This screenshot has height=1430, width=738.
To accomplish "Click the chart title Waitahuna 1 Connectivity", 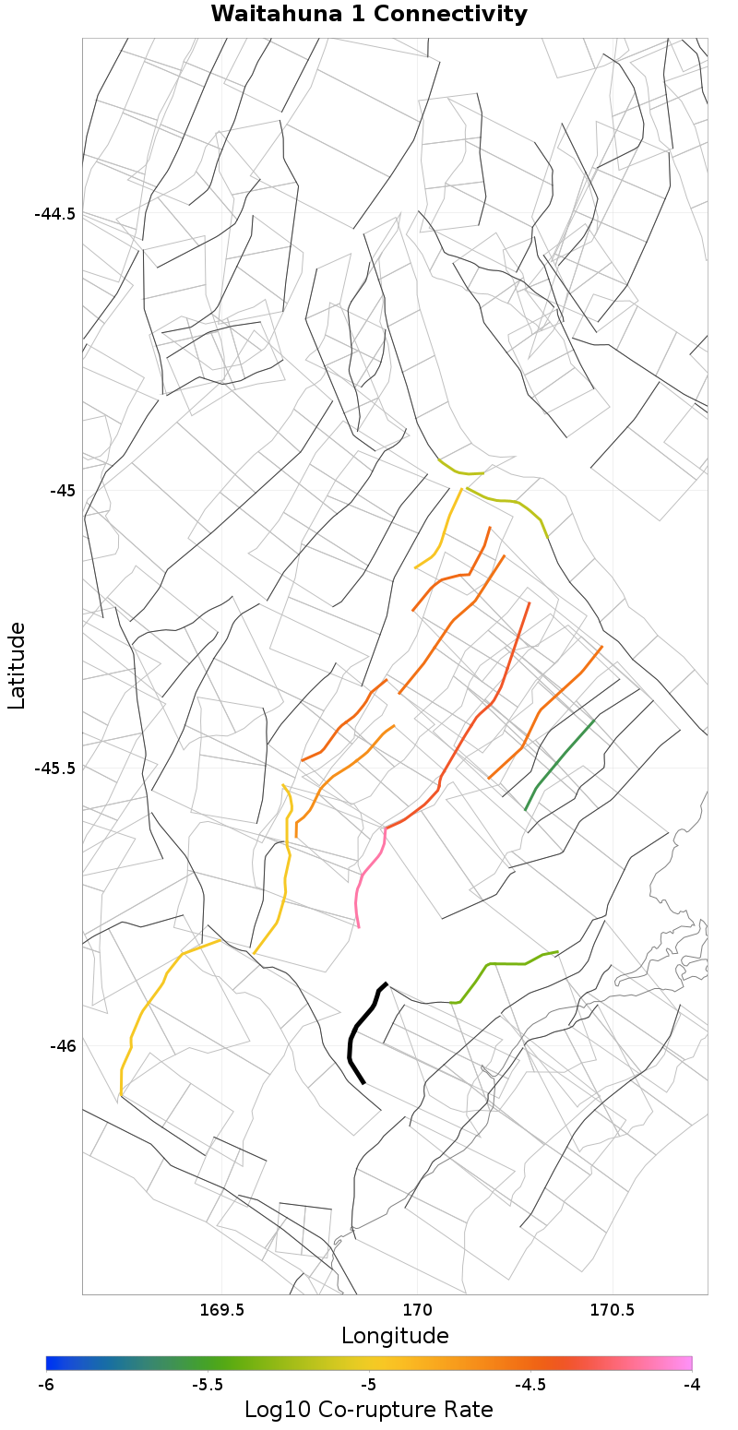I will (369, 15).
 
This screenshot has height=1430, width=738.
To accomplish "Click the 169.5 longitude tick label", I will (222, 1310).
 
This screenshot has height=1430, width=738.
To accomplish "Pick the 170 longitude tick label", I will (417, 1310).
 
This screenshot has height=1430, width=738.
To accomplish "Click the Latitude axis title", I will (17, 665).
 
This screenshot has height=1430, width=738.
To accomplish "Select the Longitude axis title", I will (395, 1335).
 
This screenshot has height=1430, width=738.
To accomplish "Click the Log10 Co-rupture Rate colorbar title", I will (369, 1410).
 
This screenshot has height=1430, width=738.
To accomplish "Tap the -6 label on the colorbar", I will (46, 1385).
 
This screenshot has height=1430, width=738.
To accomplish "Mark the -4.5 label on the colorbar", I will (530, 1385).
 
